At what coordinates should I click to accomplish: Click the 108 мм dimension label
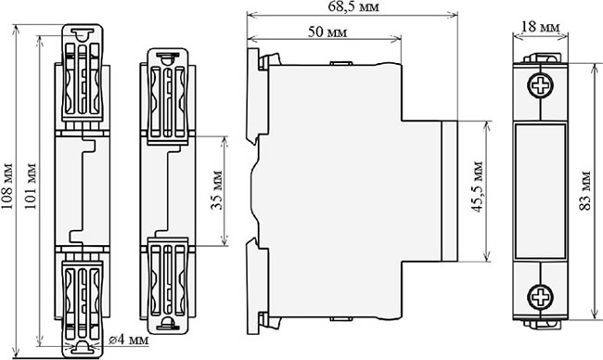[7, 186]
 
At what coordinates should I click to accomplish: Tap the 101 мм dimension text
[31, 186]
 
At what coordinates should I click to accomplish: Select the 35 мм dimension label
[218, 189]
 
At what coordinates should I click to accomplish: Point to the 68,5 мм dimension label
[353, 6]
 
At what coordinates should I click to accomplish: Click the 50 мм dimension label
[327, 32]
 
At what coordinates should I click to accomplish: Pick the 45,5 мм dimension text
[478, 186]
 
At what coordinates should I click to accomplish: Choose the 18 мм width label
[541, 27]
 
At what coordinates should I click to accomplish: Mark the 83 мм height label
[585, 191]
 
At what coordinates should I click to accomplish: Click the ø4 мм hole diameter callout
[128, 340]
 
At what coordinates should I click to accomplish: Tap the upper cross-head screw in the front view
[541, 85]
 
